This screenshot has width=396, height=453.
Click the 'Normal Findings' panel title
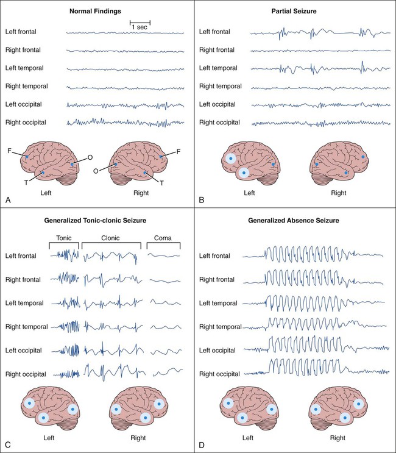pos(99,11)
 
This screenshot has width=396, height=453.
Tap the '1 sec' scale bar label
pos(140,28)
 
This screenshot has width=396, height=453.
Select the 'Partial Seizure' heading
pos(297,11)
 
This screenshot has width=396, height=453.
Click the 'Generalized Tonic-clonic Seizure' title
pos(99,219)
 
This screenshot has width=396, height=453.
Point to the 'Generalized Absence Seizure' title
pos(297,219)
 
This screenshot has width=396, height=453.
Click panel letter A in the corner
pos(7,199)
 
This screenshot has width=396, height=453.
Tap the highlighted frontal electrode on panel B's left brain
pos(231,158)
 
